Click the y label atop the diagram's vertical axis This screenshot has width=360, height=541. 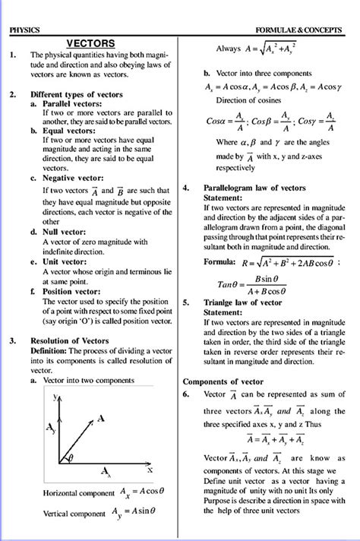coord(55,397)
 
